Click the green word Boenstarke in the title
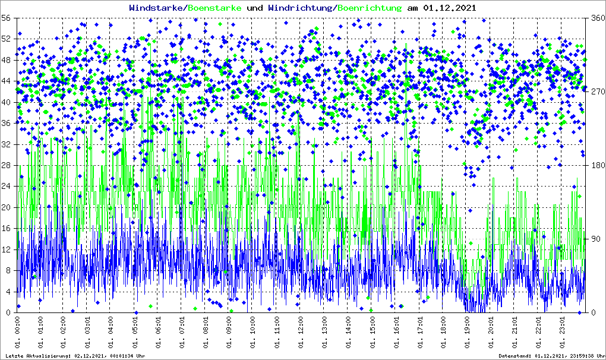(214, 8)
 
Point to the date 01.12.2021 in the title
(449, 8)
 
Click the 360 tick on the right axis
(596, 18)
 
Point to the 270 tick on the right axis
(596, 92)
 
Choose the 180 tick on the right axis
(596, 166)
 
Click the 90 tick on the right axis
(594, 239)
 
